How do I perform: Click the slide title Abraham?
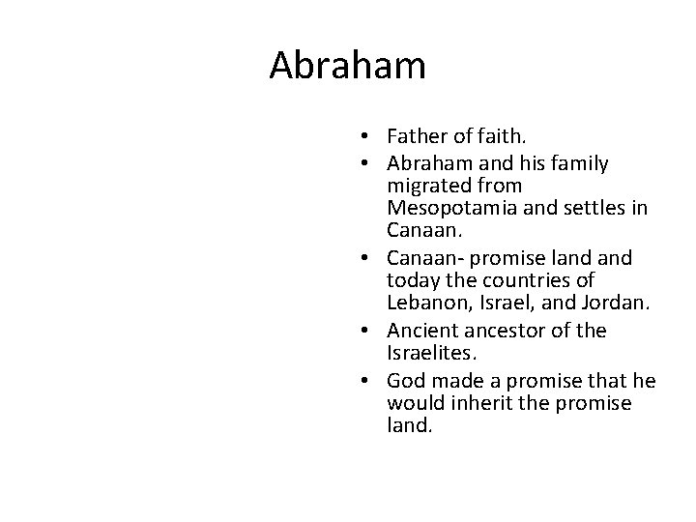[347, 66]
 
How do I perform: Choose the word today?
[412, 280]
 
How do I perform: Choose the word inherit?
[478, 403]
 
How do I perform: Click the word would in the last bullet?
[413, 403]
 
